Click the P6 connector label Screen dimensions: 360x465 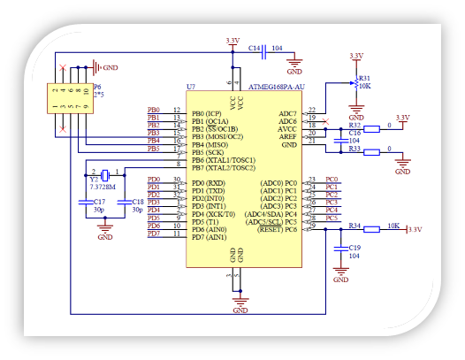(97, 87)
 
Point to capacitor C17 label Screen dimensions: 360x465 (98, 202)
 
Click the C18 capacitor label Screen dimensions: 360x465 (137, 202)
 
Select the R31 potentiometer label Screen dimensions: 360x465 (364, 78)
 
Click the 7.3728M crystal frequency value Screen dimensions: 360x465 (105, 188)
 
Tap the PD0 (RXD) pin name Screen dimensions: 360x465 (210, 182)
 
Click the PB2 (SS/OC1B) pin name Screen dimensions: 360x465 (217, 129)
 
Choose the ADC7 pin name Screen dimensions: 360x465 (288, 113)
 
